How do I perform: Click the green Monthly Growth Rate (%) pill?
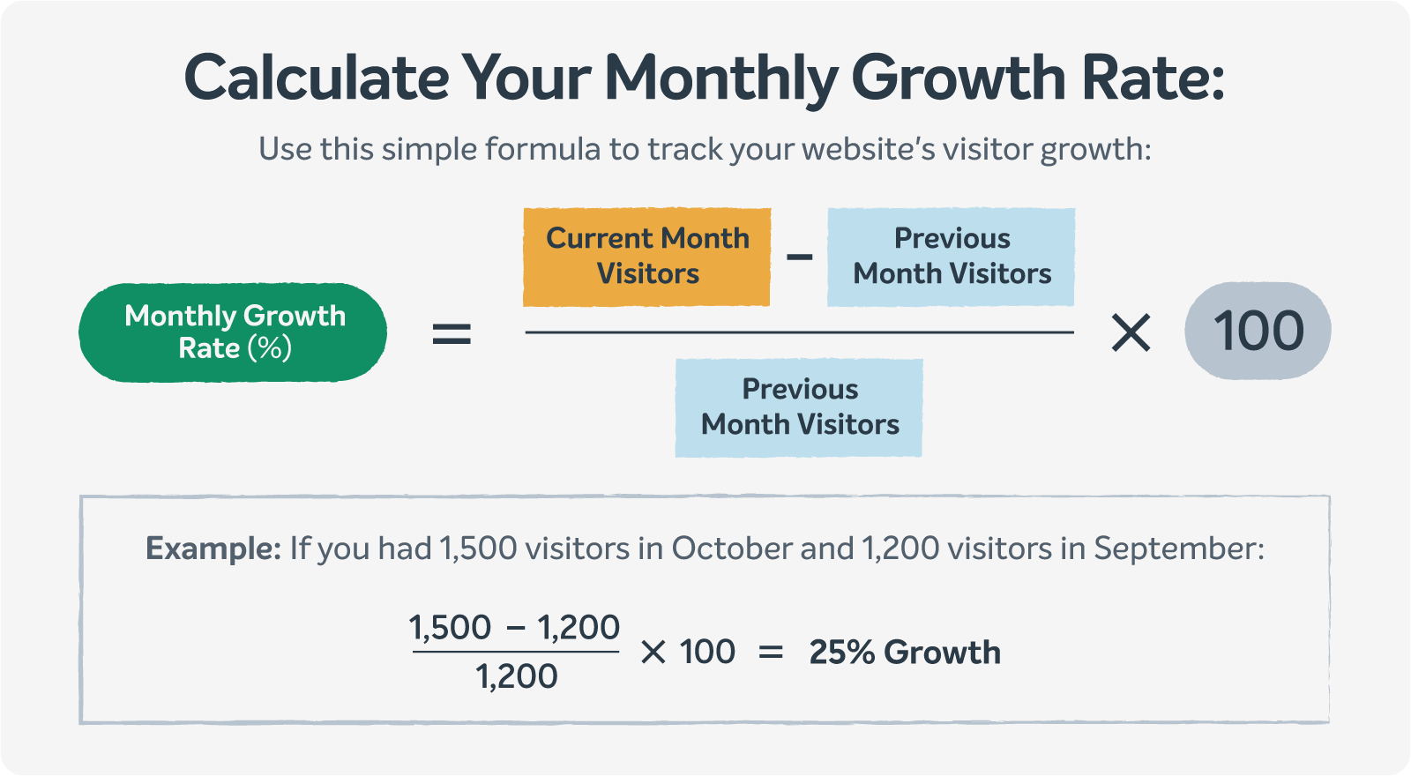point(233,332)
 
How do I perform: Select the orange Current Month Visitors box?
point(647,257)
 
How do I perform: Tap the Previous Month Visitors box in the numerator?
point(952,257)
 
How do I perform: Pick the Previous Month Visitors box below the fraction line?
point(799,408)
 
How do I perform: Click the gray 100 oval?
point(1258,331)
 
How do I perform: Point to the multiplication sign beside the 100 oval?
point(1131,332)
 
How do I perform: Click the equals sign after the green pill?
point(452,333)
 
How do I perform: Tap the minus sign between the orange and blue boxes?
point(799,257)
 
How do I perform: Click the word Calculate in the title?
point(317,78)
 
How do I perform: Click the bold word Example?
point(213,548)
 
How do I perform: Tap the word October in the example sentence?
point(731,548)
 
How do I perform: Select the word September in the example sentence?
point(1178,549)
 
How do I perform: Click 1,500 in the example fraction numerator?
point(450,627)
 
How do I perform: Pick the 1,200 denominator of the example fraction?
point(517,676)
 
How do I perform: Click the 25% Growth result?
point(905,652)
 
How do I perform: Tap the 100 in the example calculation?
point(707,652)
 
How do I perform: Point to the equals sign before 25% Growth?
point(771,653)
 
